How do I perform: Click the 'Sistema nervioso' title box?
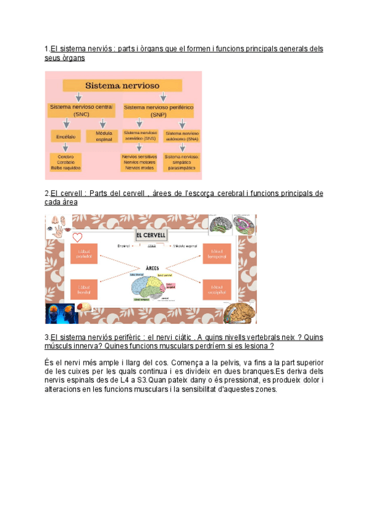122,85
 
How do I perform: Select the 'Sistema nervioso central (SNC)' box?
81,110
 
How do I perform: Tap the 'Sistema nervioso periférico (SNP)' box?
158,110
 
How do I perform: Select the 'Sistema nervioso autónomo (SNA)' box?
182,136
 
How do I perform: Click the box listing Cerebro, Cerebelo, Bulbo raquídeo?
64,162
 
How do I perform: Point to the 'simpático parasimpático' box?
182,162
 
